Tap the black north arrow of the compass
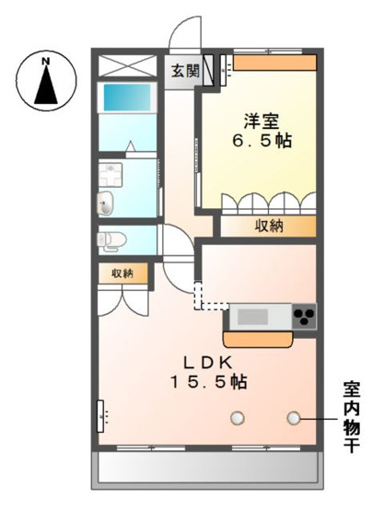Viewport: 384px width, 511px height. point(44,87)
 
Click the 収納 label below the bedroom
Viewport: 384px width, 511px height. point(269,226)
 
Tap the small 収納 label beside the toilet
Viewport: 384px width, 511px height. point(122,273)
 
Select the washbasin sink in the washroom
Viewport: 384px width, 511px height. point(105,203)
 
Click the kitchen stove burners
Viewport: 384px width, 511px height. point(304,318)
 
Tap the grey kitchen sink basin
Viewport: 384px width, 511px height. point(253,318)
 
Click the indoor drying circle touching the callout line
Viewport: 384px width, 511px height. point(294,418)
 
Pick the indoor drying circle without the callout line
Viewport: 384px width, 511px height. point(239,418)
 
